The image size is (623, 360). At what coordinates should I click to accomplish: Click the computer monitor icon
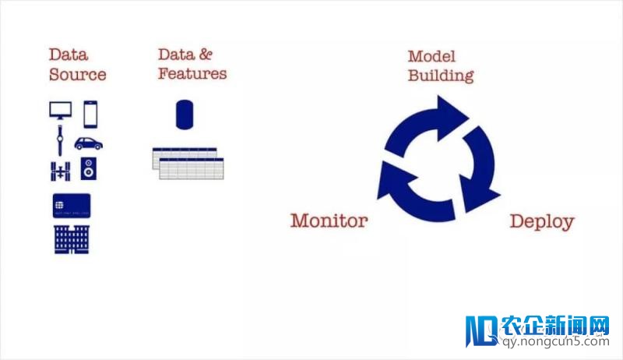coord(61,111)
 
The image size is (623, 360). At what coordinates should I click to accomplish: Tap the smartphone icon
coord(90,114)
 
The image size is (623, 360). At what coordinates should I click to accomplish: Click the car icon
coord(90,143)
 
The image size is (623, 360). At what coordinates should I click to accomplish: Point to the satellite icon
coord(59,170)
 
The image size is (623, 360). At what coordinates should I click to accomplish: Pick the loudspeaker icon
coord(90,169)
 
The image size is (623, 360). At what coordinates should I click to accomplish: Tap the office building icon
coord(72,239)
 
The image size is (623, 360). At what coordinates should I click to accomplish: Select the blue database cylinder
coord(185,115)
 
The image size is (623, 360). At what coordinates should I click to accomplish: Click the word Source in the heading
coord(77,76)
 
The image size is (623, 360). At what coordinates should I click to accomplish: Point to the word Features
coord(192,74)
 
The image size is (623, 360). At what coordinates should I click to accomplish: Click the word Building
coord(442,76)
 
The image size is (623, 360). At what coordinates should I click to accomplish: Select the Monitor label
coord(329,221)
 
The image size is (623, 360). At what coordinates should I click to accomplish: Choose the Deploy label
coord(542,221)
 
